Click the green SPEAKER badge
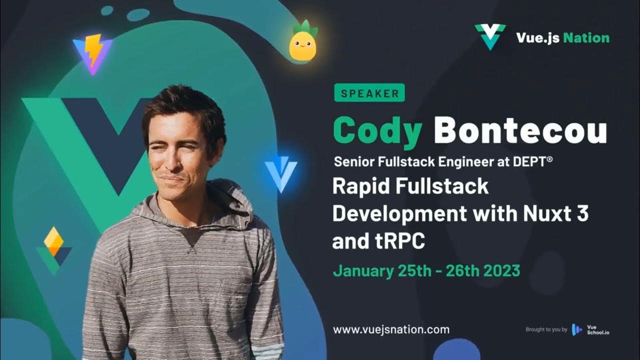coord(369,93)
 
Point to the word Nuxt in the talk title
coord(544,213)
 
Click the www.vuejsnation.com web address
coord(391,329)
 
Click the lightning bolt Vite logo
coord(93,53)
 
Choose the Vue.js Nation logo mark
coord(490,36)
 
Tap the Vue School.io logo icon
coord(577,329)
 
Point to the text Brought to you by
coord(546,329)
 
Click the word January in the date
coord(363,270)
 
